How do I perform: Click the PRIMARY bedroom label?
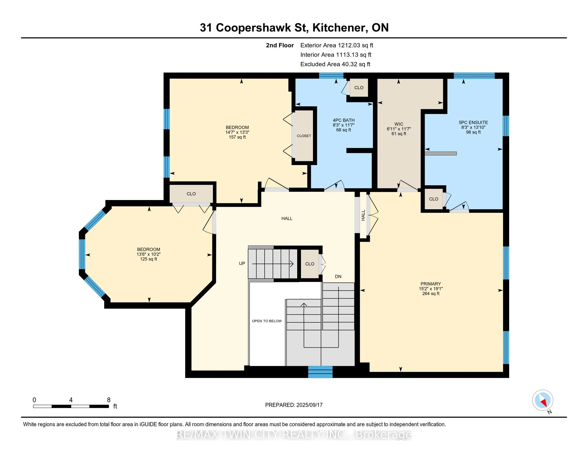(431, 284)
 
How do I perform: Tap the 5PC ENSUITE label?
(473, 122)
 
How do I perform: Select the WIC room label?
(399, 124)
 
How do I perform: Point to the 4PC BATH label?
(343, 120)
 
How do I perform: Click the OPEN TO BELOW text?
(267, 321)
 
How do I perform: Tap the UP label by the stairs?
(242, 264)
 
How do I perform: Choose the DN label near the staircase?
(338, 276)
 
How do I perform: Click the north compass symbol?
(543, 400)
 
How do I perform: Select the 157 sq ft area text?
(237, 137)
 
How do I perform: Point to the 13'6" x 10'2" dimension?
(149, 254)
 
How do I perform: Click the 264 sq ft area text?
(431, 293)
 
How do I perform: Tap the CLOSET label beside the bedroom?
(304, 136)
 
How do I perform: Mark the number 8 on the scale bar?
(109, 400)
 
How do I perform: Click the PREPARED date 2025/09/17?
(309, 405)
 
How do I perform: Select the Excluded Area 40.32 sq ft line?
(335, 64)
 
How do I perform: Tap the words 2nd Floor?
(280, 45)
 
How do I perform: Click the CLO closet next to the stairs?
(310, 264)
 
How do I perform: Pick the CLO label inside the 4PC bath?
(359, 88)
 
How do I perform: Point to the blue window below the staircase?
(320, 372)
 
